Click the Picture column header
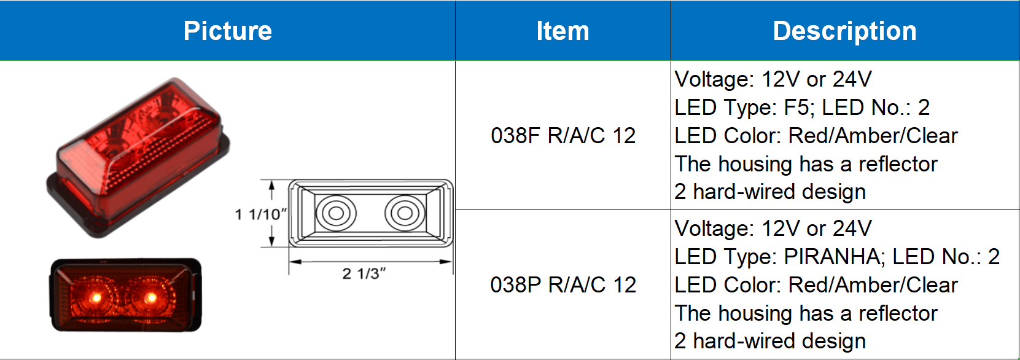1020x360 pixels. coord(227,31)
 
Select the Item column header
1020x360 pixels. coord(563,31)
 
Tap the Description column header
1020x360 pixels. coord(844,31)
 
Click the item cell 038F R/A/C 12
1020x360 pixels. coord(563,135)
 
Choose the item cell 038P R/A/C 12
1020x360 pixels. coord(563,284)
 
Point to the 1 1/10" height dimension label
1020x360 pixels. coord(261,214)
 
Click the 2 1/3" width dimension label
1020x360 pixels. coord(364,273)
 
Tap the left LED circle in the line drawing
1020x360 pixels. coord(336,213)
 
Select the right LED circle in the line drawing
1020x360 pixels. coord(405,213)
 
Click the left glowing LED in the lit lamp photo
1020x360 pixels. coord(96,298)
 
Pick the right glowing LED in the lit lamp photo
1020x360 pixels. coord(150,298)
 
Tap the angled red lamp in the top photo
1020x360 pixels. coord(138,157)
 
